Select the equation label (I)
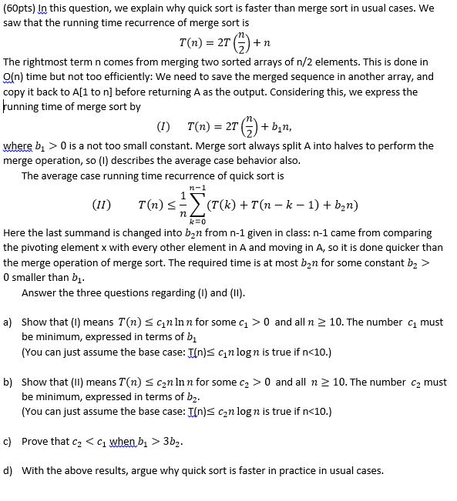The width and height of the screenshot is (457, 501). tap(163, 125)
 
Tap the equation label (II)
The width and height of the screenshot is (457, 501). tap(102, 205)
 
